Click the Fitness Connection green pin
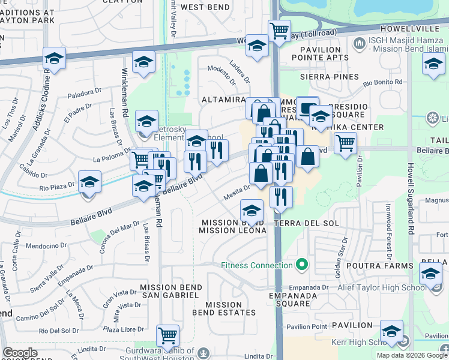[302, 265]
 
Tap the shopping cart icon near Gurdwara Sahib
[167, 335]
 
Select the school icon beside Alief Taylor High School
[430, 273]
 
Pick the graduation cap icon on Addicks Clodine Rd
[54, 58]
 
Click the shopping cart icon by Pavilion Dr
[345, 143]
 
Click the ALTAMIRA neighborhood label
[224, 100]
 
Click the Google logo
[20, 353]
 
